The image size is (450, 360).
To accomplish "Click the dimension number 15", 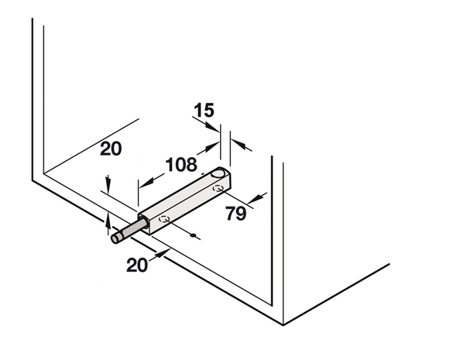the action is [x=204, y=110].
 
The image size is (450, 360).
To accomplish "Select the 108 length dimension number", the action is [x=181, y=165].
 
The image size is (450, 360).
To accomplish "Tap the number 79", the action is [x=235, y=214].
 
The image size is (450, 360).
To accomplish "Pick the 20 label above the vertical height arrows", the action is [x=111, y=149].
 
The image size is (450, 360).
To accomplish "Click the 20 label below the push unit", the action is [x=137, y=265].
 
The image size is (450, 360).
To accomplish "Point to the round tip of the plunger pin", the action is [x=116, y=238].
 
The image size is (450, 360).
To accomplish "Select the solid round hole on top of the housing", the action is [x=217, y=173].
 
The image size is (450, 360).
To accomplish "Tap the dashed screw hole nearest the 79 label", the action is [x=218, y=188].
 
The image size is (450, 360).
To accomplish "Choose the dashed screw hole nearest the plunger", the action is [x=164, y=219].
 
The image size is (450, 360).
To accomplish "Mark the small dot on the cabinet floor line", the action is [x=193, y=235].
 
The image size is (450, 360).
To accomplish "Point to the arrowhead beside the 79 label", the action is [x=256, y=198].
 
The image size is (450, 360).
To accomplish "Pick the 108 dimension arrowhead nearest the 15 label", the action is [x=211, y=147].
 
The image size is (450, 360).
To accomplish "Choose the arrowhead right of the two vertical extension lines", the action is [x=239, y=144].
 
